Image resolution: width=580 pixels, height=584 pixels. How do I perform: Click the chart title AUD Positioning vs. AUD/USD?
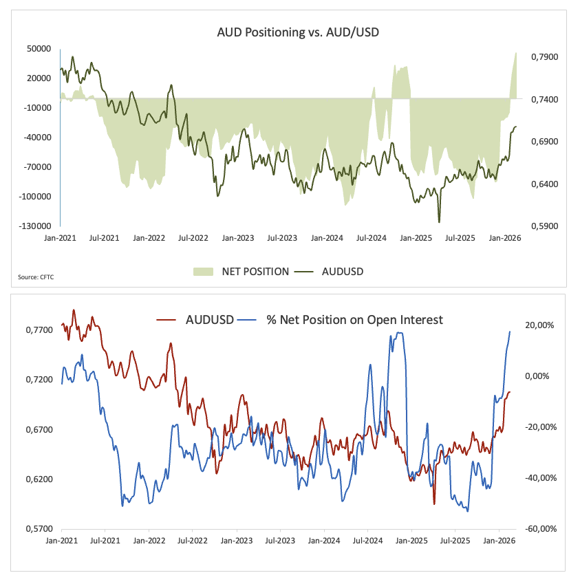click(x=288, y=32)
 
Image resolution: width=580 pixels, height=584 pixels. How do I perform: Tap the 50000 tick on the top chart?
click(x=39, y=49)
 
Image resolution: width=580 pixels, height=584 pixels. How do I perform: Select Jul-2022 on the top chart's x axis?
click(x=193, y=238)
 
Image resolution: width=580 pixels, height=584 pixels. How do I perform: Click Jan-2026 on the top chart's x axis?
click(x=504, y=238)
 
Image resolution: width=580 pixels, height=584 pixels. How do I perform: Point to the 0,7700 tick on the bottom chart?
click(x=38, y=330)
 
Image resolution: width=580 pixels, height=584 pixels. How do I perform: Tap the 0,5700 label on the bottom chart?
click(x=38, y=529)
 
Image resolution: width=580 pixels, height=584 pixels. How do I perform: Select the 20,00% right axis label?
click(x=540, y=325)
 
